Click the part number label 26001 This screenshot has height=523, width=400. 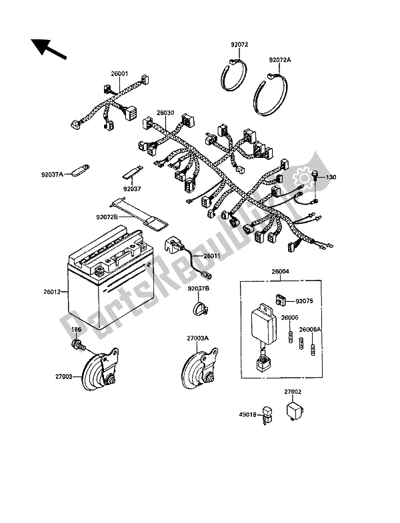[120, 74]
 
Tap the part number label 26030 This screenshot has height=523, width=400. [165, 113]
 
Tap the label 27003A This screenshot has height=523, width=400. [197, 338]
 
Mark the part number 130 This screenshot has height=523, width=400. [331, 177]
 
